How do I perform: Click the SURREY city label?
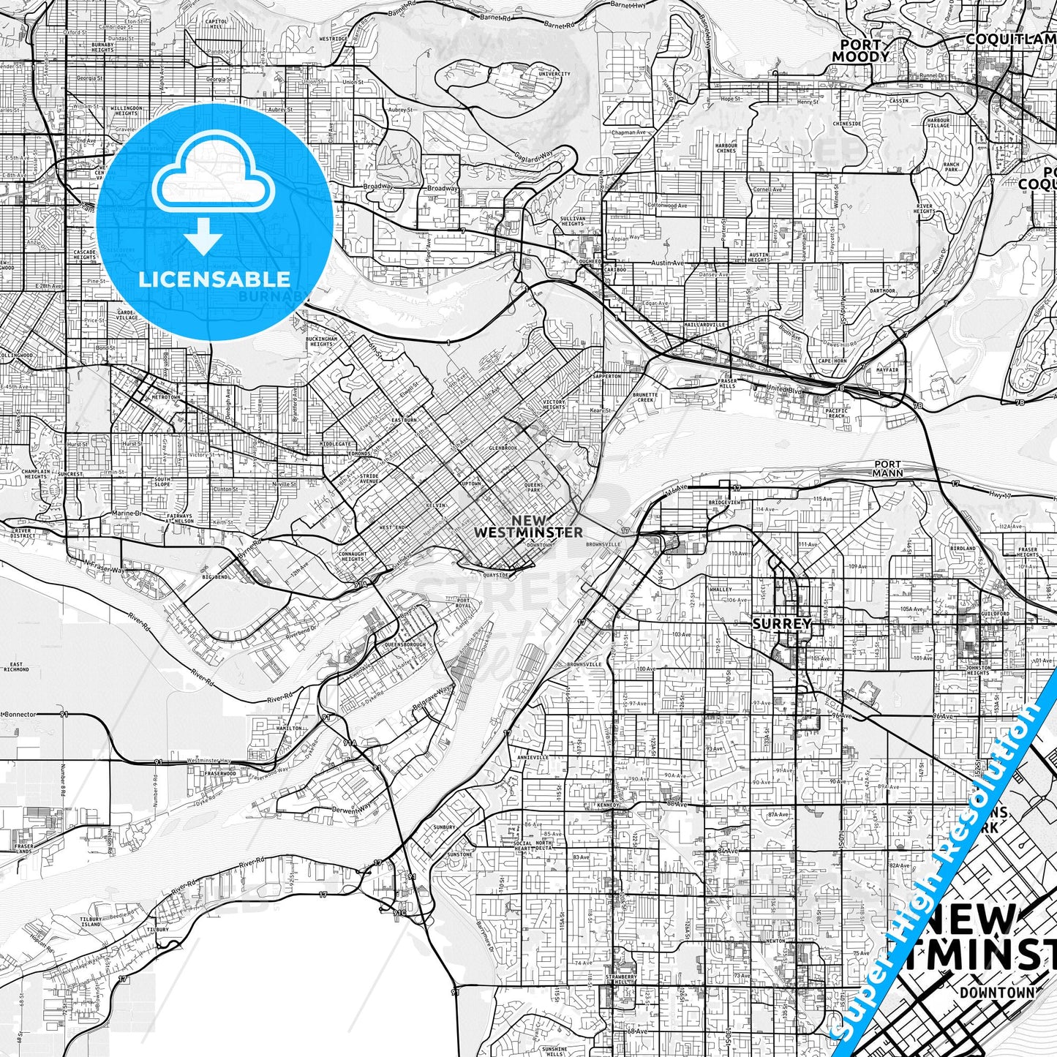(x=782, y=624)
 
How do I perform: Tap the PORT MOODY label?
(x=861, y=50)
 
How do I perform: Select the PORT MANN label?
(x=888, y=468)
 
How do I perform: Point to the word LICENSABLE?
(x=214, y=279)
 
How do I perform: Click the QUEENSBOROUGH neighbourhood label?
(x=405, y=645)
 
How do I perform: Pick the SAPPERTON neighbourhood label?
(x=606, y=376)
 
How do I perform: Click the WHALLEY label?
(x=721, y=589)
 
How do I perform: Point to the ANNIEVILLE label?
(x=532, y=757)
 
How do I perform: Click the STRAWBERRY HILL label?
(x=620, y=980)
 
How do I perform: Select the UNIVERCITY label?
(x=554, y=74)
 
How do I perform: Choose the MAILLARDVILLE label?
(x=704, y=324)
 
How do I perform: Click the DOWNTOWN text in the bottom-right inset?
(x=997, y=993)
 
